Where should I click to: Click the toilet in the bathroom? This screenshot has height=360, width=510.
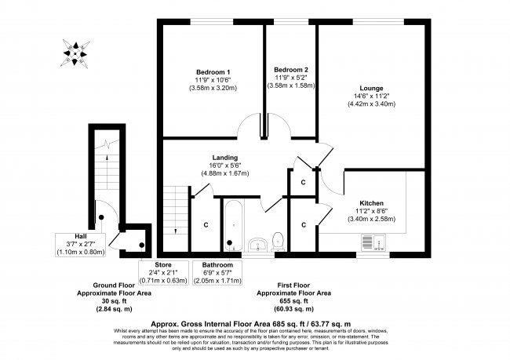click(x=278, y=240)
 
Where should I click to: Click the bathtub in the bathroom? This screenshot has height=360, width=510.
click(x=233, y=225)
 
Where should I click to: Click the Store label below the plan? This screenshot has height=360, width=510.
click(x=163, y=264)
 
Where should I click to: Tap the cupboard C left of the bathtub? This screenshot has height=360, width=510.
click(x=206, y=226)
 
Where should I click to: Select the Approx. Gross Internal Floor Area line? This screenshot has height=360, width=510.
click(x=254, y=323)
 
